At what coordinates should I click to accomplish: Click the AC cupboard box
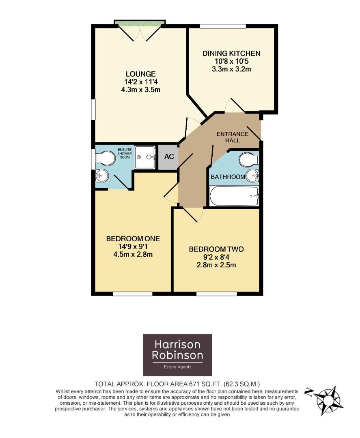[168, 157]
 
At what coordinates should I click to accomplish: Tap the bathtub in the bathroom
[234, 196]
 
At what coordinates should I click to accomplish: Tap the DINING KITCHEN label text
[231, 54]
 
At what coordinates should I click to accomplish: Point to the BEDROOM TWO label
[216, 249]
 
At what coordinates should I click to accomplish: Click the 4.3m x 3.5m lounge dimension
[140, 90]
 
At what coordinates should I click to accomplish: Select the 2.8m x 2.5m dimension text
[216, 265]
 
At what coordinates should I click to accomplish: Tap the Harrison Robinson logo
[177, 355]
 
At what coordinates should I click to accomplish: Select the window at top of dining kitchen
[223, 26]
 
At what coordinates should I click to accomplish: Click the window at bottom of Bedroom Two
[216, 293]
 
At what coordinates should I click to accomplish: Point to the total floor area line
[177, 383]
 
